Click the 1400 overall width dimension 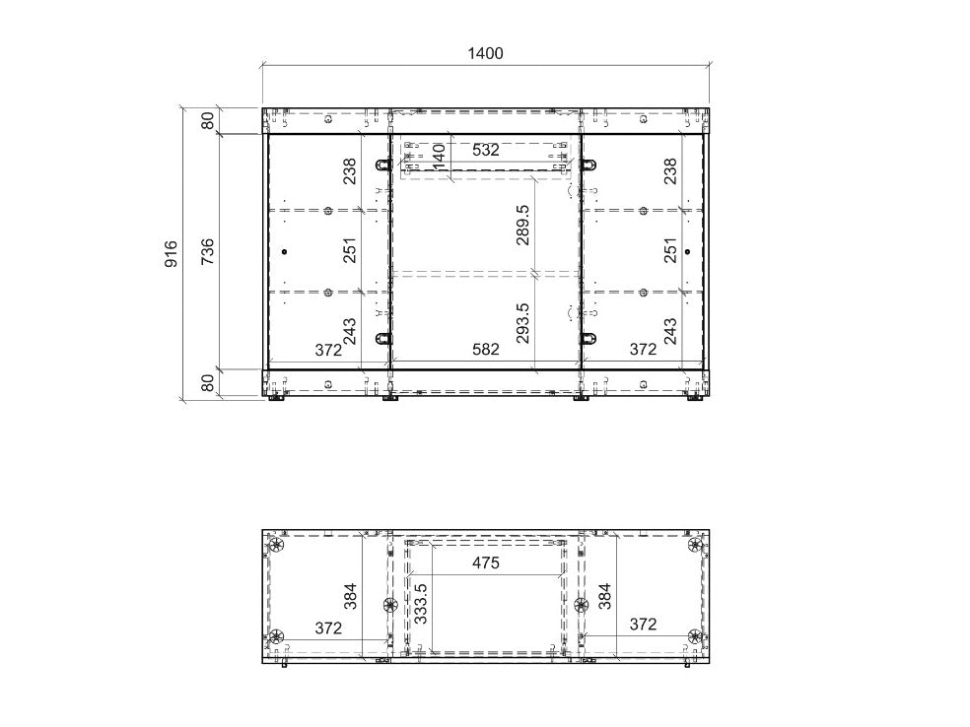point(485,54)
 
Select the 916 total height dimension point(171,254)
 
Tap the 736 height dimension point(208,251)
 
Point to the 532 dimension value point(486,150)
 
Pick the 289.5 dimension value point(522,225)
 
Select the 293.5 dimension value point(522,323)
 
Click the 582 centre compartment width point(486,350)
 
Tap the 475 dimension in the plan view point(486,563)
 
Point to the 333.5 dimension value point(420,603)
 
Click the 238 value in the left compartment point(350,171)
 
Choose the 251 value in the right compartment point(670,250)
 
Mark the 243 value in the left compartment point(350,331)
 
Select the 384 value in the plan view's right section point(605,596)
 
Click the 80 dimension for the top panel point(208,120)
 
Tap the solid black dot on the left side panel point(284,251)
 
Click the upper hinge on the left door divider point(383,165)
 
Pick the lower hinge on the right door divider point(589,338)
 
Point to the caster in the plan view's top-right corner point(695,546)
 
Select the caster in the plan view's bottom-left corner point(276,636)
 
